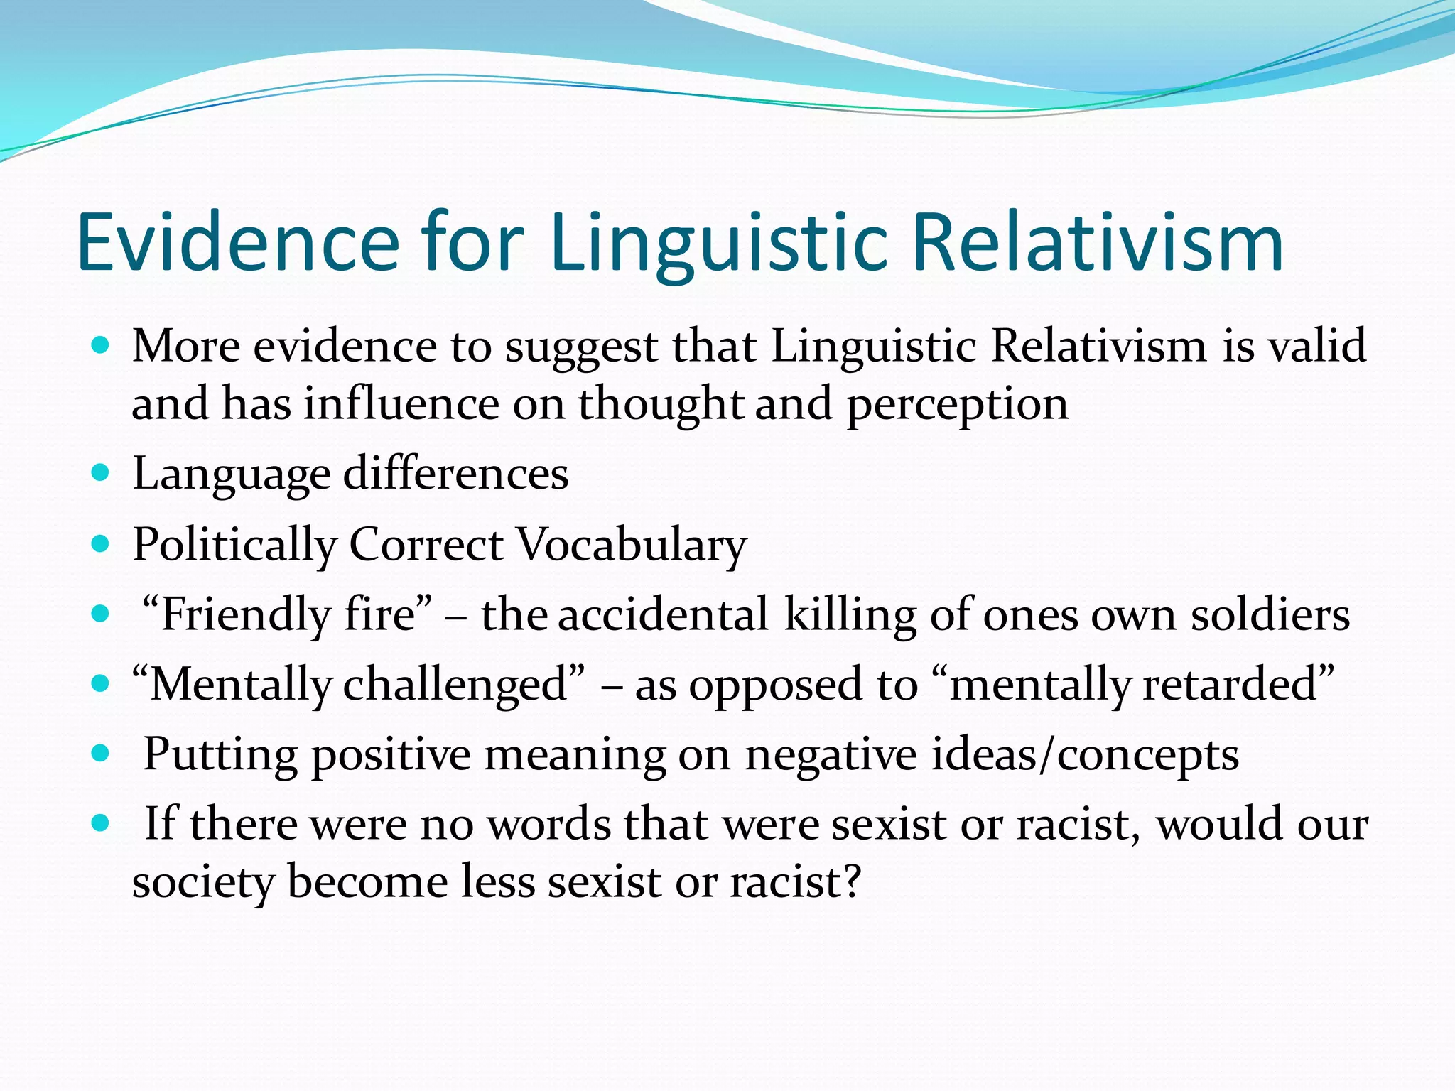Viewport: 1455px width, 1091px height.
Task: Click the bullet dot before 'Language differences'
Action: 102,472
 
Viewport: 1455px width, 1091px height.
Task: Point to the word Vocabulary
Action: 632,545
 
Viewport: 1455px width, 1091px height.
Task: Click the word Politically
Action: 234,545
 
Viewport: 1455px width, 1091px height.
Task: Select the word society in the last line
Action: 202,881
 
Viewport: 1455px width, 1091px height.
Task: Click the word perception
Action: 957,403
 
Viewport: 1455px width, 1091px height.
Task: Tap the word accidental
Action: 663,614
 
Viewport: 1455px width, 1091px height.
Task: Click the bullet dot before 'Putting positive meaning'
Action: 102,752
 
